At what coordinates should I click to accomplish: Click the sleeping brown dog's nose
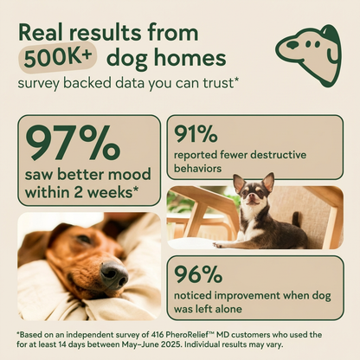(x=112, y=274)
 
